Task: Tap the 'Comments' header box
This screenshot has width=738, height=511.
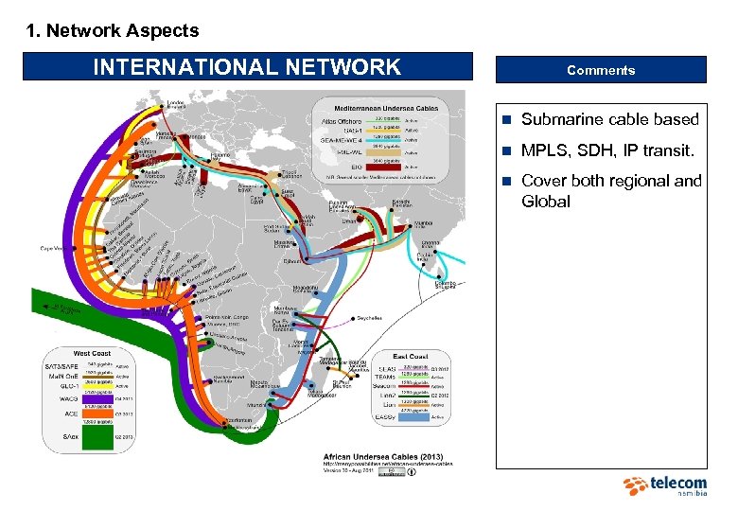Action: tap(601, 70)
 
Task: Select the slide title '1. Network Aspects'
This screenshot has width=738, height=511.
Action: tap(112, 30)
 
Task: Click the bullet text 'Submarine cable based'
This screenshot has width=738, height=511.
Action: tap(609, 119)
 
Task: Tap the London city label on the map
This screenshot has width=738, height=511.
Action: tap(176, 103)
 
